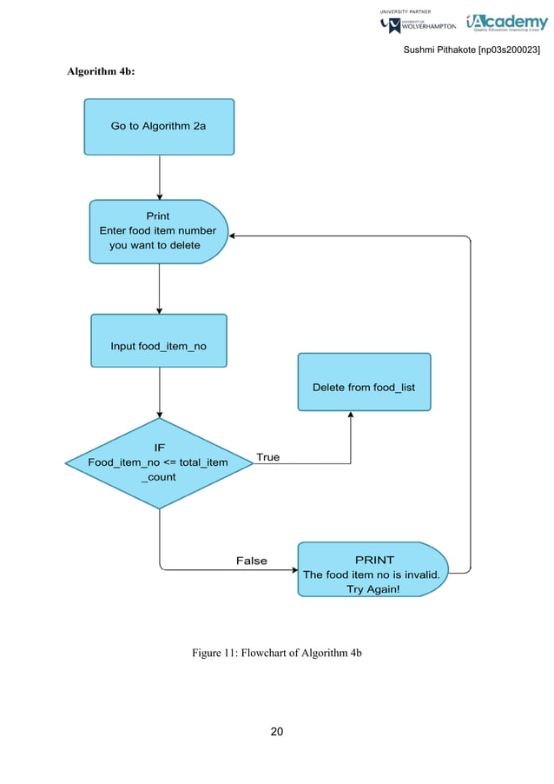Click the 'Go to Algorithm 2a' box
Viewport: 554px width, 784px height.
pos(159,126)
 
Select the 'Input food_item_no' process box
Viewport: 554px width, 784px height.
pos(159,346)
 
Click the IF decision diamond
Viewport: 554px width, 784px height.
pos(159,462)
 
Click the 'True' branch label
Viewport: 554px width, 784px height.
pos(268,456)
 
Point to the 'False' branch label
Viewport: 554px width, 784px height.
pos(252,561)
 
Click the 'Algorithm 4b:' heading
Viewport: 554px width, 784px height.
pos(101,71)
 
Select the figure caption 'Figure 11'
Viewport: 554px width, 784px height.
pos(276,653)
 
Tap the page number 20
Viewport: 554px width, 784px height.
pos(276,731)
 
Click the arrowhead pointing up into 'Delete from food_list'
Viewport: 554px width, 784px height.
pos(351,416)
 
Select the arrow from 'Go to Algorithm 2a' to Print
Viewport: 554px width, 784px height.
pos(160,177)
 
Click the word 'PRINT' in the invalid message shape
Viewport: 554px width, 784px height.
pos(373,560)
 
